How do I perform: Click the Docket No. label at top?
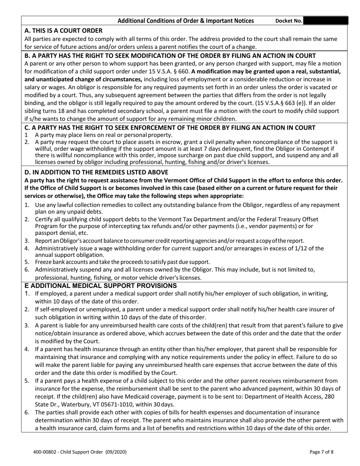click(288, 21)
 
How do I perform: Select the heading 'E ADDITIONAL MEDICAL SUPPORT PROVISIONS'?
click(100, 286)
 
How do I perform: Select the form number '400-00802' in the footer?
click(45, 452)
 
